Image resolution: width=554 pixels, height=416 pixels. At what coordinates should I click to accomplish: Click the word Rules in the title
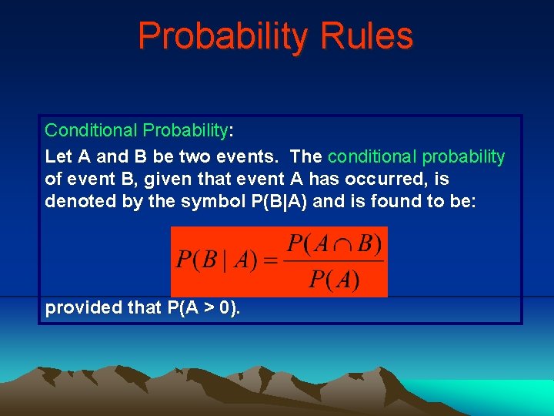coord(372,35)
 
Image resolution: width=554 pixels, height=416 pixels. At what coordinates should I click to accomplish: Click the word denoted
coord(76,202)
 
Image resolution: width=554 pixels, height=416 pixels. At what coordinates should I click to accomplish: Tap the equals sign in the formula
coord(269,260)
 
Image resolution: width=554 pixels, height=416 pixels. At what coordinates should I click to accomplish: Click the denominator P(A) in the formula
coord(334,277)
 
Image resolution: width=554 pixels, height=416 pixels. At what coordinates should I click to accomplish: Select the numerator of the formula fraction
coord(334,245)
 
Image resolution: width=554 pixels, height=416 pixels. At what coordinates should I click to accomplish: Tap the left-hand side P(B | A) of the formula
coord(217,260)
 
